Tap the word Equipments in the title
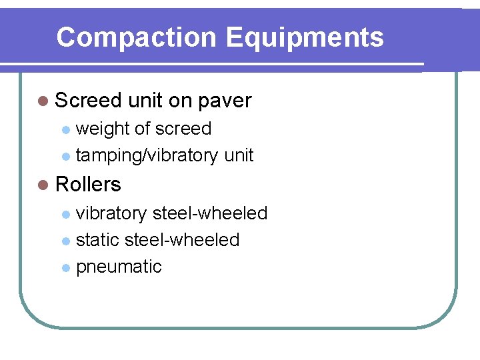coord(305,37)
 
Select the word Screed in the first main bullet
coord(88,101)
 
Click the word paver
coord(225,101)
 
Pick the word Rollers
coord(88,184)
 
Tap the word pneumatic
coord(119,267)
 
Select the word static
coord(97,240)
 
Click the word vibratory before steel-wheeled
coord(111,213)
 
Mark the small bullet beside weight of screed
coord(65,130)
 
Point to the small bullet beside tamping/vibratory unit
coord(65,157)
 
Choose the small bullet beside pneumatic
coord(65,268)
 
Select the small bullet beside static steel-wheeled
coord(65,241)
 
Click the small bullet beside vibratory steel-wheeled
coord(65,215)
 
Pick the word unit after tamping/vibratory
coord(239,155)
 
